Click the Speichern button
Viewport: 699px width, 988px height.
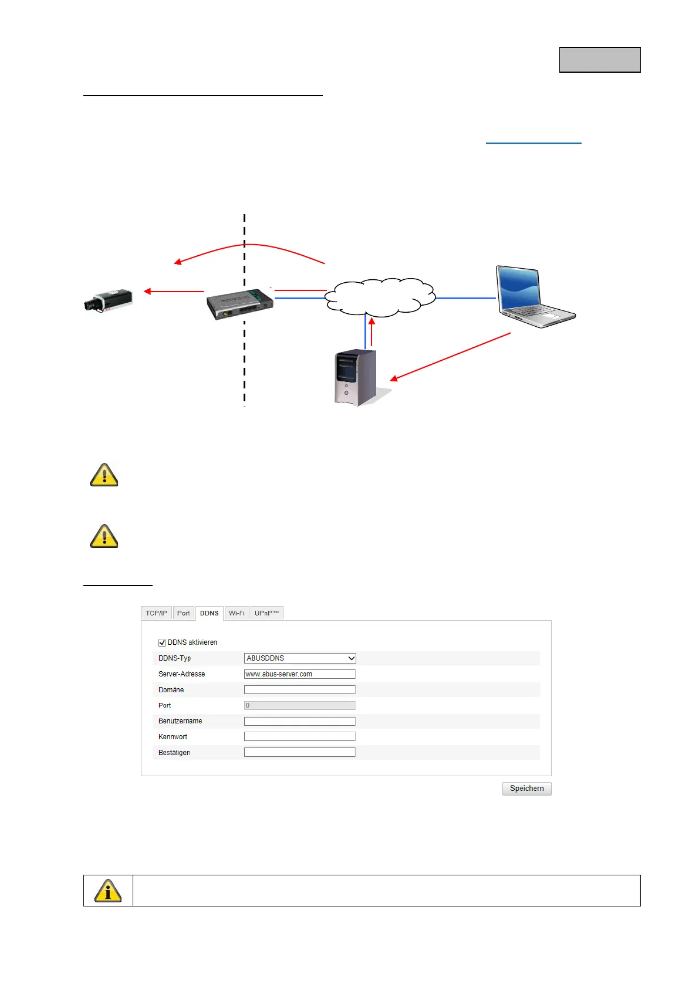click(526, 789)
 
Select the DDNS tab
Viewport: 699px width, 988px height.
click(209, 613)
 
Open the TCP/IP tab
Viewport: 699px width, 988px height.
click(156, 613)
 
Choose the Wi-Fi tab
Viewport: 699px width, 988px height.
click(237, 613)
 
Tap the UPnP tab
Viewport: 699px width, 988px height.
click(266, 613)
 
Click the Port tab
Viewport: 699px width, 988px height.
click(183, 613)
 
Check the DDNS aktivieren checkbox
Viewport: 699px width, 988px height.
click(162, 642)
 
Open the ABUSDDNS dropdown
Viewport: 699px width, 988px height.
click(300, 658)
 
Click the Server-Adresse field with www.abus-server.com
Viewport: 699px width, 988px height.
click(299, 674)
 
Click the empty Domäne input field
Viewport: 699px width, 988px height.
click(299, 690)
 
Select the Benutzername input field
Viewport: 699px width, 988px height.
click(299, 721)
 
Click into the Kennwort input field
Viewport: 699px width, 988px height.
click(299, 736)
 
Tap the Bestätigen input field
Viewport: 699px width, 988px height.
click(299, 752)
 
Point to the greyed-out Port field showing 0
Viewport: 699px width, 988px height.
click(299, 705)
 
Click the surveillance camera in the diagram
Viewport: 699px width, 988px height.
click(108, 300)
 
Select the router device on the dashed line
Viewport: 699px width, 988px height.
click(239, 303)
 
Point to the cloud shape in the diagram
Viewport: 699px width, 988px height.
click(380, 297)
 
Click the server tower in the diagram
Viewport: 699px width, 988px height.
click(356, 377)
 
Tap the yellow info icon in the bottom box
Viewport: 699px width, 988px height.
click(108, 891)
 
